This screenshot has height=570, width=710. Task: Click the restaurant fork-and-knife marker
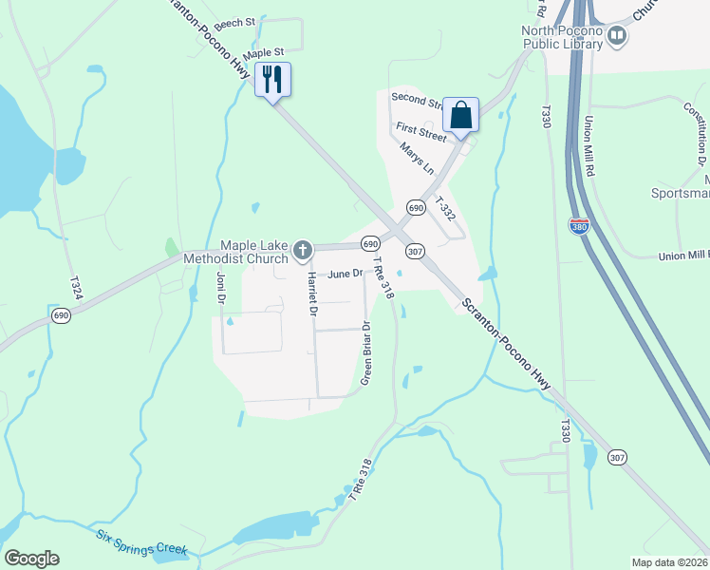tap(273, 79)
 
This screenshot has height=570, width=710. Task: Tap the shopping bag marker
tap(460, 115)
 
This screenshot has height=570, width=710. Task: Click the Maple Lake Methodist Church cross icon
tap(303, 251)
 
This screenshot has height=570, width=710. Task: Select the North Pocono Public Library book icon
tap(618, 36)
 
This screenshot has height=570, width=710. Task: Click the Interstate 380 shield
tap(579, 226)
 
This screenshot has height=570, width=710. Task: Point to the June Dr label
tap(346, 274)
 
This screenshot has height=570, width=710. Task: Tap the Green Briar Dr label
tap(365, 352)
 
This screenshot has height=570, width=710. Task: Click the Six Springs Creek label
tap(142, 542)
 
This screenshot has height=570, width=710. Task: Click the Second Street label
tap(418, 101)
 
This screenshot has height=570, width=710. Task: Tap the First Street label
tap(420, 133)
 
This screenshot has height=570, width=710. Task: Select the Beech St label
tap(235, 21)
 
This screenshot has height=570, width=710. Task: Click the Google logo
tap(32, 559)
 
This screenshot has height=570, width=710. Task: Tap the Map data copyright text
tap(669, 562)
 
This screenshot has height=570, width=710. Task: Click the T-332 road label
tap(445, 209)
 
